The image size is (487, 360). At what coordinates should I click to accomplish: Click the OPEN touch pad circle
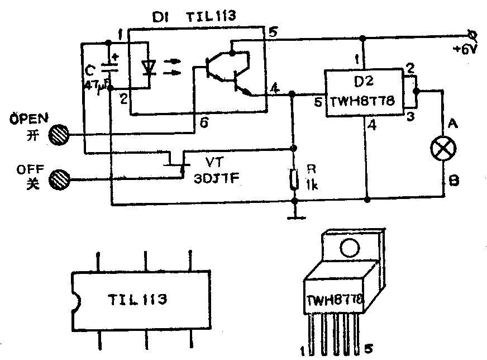[58, 134]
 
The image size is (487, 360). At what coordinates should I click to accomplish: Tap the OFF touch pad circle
[58, 179]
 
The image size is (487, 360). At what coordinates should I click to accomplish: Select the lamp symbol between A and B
[445, 148]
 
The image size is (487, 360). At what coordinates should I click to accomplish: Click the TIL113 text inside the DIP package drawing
[138, 300]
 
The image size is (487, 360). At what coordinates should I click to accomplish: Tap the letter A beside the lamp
[453, 125]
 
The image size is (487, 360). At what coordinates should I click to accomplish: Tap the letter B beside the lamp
[453, 181]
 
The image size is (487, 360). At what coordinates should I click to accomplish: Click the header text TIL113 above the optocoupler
[210, 17]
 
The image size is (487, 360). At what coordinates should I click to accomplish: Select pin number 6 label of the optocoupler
[204, 124]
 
